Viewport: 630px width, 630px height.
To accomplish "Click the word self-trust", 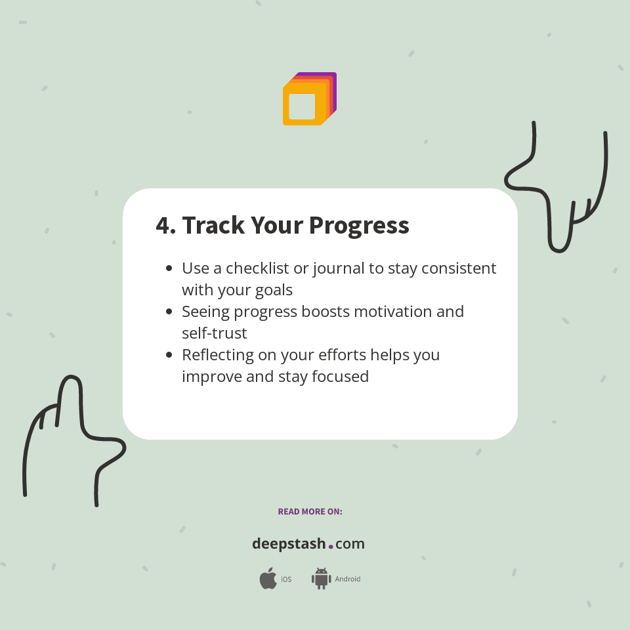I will tap(215, 333).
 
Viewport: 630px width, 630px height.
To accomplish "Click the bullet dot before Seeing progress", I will tap(169, 311).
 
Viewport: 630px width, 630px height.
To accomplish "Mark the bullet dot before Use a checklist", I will tap(169, 268).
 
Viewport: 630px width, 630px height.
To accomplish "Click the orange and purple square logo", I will tap(309, 99).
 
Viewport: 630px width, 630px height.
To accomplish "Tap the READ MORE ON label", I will tap(310, 511).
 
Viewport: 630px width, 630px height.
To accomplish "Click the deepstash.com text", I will tap(308, 544).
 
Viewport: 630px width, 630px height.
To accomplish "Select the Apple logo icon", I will tap(268, 579).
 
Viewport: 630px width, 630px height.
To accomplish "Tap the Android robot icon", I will tap(321, 579).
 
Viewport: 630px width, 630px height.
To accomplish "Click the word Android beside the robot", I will tap(348, 579).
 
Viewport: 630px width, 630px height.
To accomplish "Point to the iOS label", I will tap(286, 579).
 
